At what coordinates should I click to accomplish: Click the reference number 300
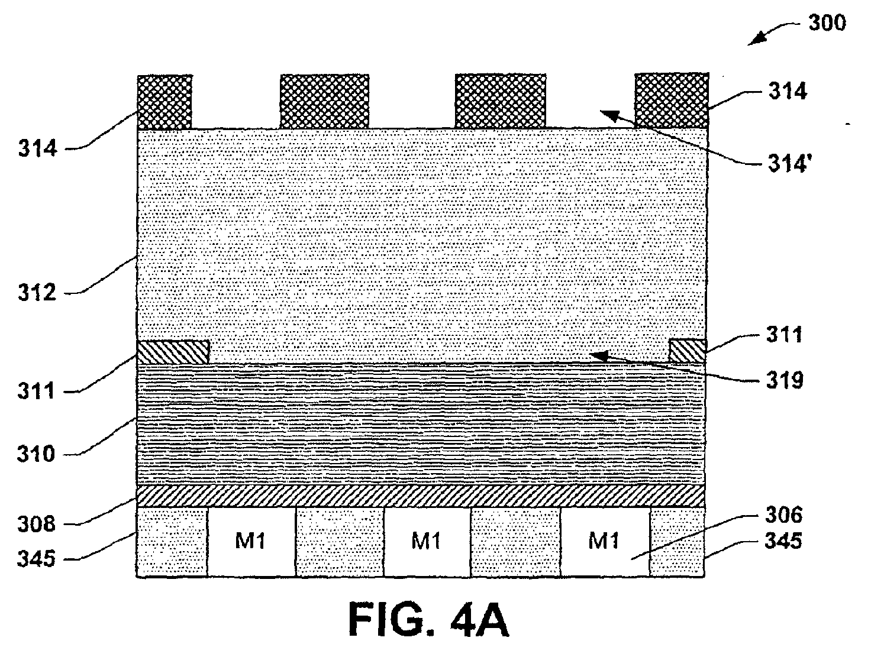(x=827, y=23)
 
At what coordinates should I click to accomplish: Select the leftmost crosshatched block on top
(x=164, y=102)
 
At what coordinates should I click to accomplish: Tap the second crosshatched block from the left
(x=325, y=102)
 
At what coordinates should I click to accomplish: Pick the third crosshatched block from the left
(x=501, y=101)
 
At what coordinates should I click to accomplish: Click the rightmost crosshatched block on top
(x=672, y=101)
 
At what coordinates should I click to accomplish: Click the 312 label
(x=37, y=293)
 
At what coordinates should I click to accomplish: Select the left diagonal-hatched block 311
(x=173, y=352)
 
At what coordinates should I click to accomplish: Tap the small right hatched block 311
(x=688, y=351)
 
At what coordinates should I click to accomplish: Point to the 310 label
(x=36, y=454)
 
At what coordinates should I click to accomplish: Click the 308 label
(x=36, y=524)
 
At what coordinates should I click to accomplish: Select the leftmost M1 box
(x=251, y=542)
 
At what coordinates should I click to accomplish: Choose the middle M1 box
(x=427, y=542)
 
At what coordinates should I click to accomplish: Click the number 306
(x=783, y=515)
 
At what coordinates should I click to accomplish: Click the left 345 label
(x=36, y=559)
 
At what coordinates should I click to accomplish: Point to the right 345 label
(x=783, y=541)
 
